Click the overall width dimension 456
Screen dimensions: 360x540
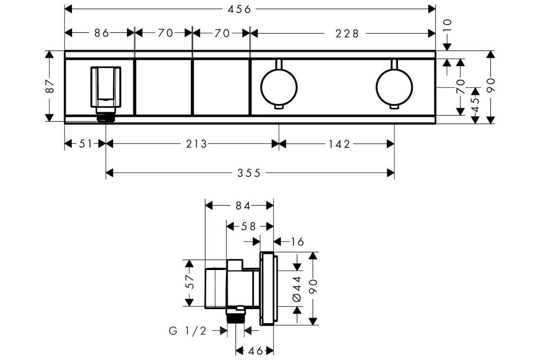pos(238,9)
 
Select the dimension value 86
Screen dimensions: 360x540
pos(102,33)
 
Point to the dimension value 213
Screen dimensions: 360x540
pos(197,144)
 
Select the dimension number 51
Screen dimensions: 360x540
pos(85,144)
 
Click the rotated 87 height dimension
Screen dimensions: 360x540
pos(50,86)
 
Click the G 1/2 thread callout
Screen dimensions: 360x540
pos(188,332)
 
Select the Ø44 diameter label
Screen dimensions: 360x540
pos(297,288)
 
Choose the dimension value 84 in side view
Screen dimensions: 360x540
pos(243,206)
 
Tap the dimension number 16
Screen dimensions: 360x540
pos(297,242)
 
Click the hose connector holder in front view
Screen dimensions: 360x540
pos(106,88)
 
